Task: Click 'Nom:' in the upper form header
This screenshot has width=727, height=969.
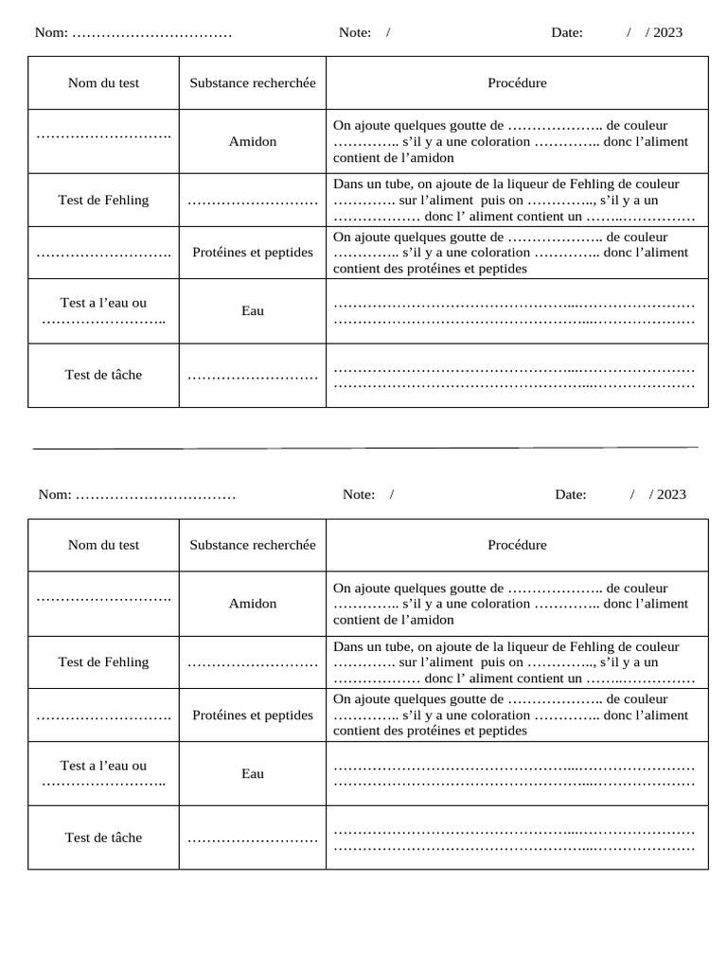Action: point(51,32)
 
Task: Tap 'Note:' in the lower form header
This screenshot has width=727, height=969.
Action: point(359,494)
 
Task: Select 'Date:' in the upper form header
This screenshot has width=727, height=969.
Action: point(567,32)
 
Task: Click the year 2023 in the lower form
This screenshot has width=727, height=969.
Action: point(671,494)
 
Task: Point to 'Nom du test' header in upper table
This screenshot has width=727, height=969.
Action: point(103,82)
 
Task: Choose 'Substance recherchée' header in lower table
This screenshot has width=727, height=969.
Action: point(253,544)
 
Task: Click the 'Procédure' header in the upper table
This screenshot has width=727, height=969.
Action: point(517,82)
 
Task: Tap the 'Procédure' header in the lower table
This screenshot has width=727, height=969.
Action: point(517,544)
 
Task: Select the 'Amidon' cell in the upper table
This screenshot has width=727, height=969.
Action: point(253,141)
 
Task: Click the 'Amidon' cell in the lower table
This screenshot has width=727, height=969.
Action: point(253,603)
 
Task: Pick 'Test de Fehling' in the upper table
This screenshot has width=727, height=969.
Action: point(103,200)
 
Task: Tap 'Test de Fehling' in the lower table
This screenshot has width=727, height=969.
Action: point(103,661)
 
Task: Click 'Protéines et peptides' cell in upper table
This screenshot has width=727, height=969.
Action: point(253,253)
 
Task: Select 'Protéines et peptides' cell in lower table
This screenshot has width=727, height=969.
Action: point(253,714)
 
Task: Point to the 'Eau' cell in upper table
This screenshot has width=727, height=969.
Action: point(253,310)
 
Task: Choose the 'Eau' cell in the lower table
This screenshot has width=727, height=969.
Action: point(253,773)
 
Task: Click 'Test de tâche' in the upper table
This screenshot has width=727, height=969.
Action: point(103,375)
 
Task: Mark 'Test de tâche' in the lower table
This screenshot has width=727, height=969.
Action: point(103,837)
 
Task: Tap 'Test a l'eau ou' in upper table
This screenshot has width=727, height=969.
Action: point(103,303)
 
